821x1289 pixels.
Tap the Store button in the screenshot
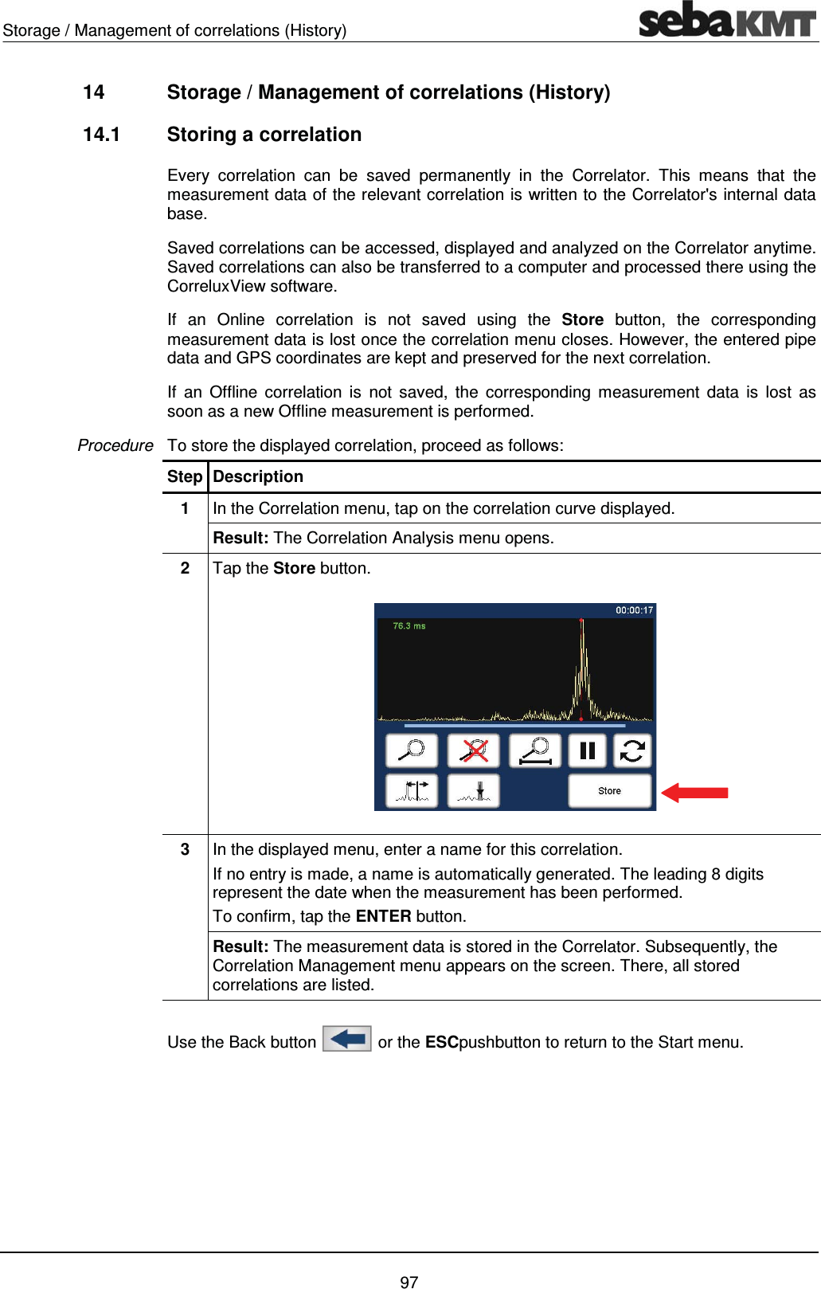pos(609,791)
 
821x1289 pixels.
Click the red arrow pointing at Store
pos(694,792)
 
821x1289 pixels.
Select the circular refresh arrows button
pos(632,750)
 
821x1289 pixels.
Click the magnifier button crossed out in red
pos(474,750)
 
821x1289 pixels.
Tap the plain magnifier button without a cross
pos(411,750)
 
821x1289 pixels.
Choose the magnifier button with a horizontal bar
pos(535,750)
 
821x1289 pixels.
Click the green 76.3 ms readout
pos(409,626)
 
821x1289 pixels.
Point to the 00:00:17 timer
pos(634,610)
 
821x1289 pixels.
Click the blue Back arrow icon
pos(347,1039)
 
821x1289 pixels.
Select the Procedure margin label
pos(115,445)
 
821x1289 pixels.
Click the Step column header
pos(185,476)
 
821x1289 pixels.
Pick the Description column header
pos(258,476)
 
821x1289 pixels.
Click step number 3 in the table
pos(185,849)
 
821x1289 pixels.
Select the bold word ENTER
pos(383,916)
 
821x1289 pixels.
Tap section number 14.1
pos(101,135)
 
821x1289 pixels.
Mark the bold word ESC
pos(441,1042)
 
